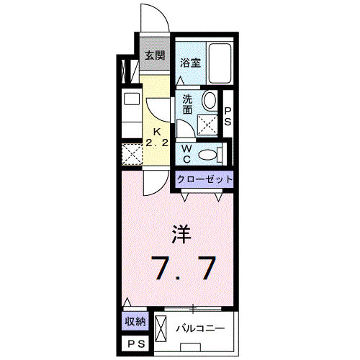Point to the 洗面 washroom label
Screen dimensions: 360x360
point(187,104)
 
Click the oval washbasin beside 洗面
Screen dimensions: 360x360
point(210,102)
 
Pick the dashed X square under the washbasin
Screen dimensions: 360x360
point(207,126)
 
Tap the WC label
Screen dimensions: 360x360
point(185,152)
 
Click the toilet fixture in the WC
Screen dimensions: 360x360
point(209,153)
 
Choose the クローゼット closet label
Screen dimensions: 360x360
point(204,179)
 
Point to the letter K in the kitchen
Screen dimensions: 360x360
point(155,132)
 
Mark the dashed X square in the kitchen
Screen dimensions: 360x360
point(130,155)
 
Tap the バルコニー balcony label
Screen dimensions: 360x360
point(201,328)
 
